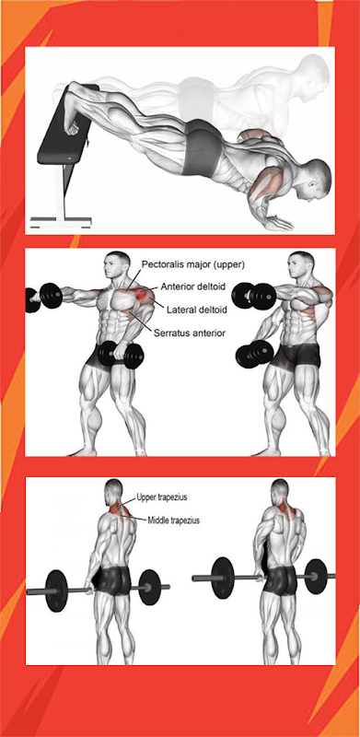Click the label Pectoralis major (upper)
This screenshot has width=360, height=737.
[x=193, y=265]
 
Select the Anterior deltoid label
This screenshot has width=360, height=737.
[x=193, y=287]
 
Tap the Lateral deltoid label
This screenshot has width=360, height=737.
[x=197, y=310]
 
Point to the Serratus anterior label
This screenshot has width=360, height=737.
[x=190, y=333]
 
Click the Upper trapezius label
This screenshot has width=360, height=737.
[x=158, y=497]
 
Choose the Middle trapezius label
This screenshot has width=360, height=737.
[x=174, y=521]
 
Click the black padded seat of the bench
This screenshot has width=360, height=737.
[x=65, y=126]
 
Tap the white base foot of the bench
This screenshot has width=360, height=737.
[x=61, y=221]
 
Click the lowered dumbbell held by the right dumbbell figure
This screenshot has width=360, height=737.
[x=255, y=354]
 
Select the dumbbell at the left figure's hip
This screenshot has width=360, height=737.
[x=122, y=355]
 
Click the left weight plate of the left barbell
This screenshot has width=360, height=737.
[x=57, y=591]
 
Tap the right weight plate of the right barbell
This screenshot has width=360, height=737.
[x=316, y=576]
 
